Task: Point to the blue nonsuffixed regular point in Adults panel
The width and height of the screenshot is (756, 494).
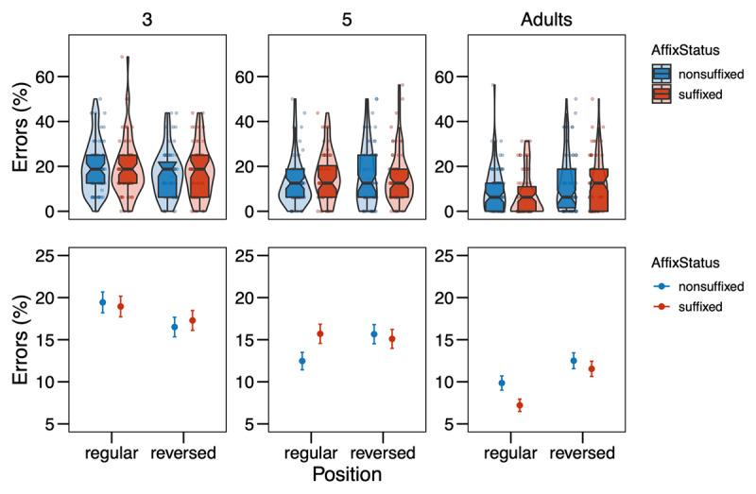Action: tap(502, 383)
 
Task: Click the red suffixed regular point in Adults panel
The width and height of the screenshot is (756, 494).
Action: tap(519, 405)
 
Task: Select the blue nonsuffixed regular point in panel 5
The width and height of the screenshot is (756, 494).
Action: tap(302, 361)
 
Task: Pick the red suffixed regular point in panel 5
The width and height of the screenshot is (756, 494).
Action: tap(319, 333)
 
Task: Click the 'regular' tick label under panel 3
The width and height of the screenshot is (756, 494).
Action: tap(112, 452)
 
